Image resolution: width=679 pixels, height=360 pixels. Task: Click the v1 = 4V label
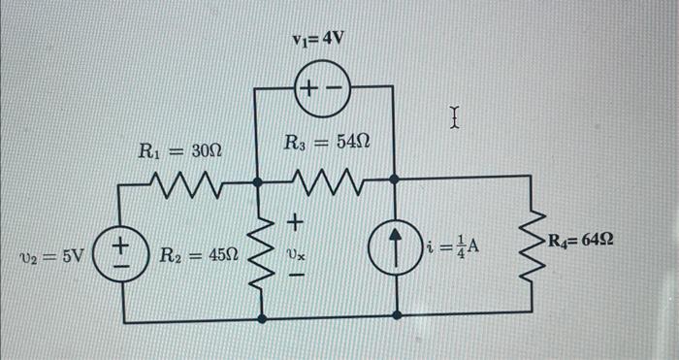[318, 41]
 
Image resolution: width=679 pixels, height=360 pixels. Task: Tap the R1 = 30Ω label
[179, 150]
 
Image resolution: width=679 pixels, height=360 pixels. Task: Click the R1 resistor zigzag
[186, 180]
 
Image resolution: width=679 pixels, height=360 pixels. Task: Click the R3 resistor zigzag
[326, 180]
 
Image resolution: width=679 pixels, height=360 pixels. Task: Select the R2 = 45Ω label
[198, 256]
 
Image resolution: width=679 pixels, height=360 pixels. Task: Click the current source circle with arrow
[399, 249]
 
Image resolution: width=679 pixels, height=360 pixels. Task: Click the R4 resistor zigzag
[533, 246]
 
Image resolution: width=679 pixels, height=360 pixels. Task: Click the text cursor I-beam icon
[454, 119]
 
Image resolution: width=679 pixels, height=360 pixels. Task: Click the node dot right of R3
[394, 180]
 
